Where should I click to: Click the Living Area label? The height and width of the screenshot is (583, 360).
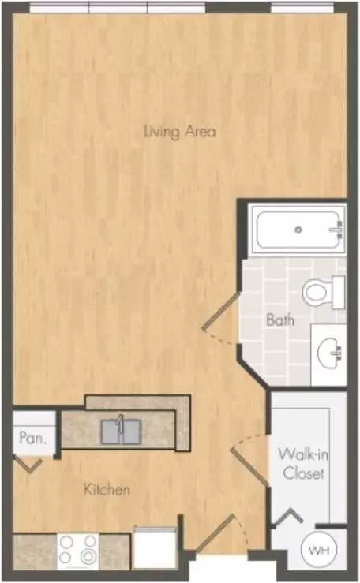(180, 132)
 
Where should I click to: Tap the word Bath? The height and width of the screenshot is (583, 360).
(280, 320)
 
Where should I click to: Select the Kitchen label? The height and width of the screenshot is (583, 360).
(107, 489)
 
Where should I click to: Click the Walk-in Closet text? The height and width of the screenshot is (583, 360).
(303, 464)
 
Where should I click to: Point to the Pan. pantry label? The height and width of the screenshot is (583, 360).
(32, 438)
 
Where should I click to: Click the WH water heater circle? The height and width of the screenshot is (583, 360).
(319, 550)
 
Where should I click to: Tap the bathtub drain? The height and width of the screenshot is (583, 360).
(298, 230)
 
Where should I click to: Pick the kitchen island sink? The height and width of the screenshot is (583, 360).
(121, 432)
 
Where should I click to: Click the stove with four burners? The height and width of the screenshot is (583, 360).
(77, 551)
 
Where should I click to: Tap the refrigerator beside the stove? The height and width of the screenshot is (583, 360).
(154, 547)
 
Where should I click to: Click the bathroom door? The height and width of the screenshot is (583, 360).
(221, 312)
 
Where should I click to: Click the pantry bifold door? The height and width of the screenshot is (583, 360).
(28, 465)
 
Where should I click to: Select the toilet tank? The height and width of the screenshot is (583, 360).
(339, 292)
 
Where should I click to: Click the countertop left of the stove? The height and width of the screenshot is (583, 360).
(35, 551)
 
